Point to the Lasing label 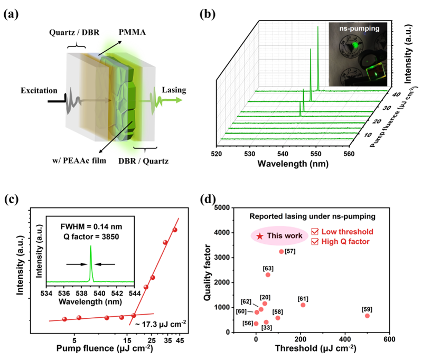coord(174,90)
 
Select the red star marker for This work coord(259,236)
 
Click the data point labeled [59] coord(367,316)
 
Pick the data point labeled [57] coord(281,251)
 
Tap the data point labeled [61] coord(303,305)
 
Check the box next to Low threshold coord(315,232)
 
